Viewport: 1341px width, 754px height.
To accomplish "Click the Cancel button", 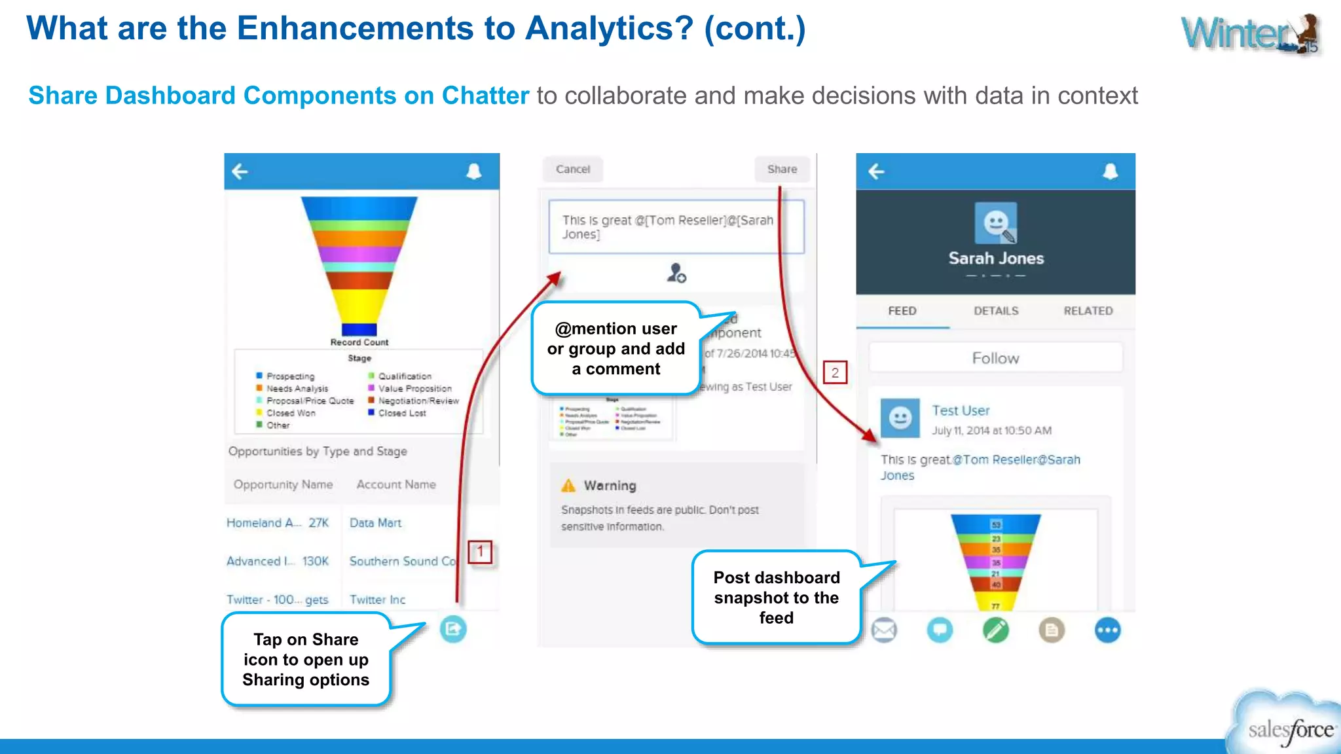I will (573, 170).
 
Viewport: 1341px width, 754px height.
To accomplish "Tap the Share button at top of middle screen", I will (782, 170).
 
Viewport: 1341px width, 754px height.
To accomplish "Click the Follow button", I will (995, 358).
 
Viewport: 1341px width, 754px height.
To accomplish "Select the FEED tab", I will (902, 311).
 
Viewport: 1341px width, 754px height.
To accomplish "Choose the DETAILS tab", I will (995, 311).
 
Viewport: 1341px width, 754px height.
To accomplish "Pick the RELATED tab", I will (1088, 311).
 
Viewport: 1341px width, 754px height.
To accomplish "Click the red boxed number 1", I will (480, 552).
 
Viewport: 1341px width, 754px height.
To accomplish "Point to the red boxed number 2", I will (835, 373).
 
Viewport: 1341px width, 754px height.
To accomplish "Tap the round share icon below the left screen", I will (452, 630).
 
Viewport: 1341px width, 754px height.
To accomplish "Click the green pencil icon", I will (995, 630).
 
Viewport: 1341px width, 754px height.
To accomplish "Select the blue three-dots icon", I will (1107, 630).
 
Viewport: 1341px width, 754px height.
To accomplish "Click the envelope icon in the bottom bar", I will (884, 630).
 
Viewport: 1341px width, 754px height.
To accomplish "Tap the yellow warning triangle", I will (568, 486).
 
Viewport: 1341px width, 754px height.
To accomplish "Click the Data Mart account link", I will (375, 523).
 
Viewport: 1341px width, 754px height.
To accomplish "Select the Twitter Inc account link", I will (377, 600).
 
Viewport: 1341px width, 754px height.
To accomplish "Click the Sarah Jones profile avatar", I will (995, 223).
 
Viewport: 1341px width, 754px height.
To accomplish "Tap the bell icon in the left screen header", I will (473, 171).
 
